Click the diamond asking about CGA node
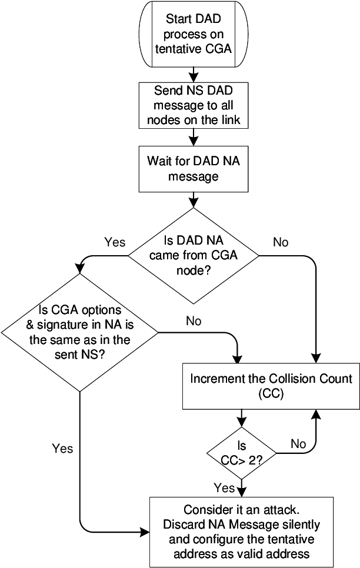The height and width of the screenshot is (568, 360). click(194, 256)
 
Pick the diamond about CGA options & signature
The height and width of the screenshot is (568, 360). click(79, 332)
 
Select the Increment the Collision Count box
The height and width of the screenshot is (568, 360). click(271, 386)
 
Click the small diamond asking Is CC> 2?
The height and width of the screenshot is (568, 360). click(241, 453)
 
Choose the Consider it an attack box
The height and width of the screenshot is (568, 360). click(241, 532)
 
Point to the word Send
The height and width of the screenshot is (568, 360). click(167, 91)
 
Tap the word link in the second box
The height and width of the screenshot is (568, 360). click(230, 121)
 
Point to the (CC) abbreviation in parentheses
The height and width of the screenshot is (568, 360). click(271, 395)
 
